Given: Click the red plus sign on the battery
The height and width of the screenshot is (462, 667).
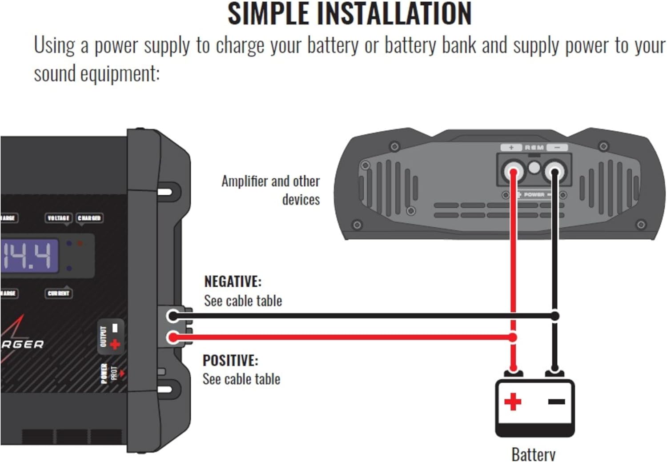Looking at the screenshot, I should (513, 402).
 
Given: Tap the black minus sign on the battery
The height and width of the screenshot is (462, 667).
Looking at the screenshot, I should (556, 401).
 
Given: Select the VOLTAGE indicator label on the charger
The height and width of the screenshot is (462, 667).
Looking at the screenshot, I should (58, 218).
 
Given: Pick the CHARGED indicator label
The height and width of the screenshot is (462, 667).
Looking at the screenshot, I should (89, 218).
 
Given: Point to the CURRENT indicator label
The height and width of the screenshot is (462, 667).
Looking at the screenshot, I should (59, 293).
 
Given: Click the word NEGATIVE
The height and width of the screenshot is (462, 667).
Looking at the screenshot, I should (233, 281).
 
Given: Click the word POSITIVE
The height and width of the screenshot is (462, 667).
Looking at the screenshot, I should (230, 360).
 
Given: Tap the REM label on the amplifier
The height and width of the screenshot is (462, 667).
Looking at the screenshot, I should (534, 148).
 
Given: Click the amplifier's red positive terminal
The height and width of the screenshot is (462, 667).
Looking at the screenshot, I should (513, 171).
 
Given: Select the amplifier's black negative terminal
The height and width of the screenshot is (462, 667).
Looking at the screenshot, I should (554, 171).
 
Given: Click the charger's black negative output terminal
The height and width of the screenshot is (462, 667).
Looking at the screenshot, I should (173, 316).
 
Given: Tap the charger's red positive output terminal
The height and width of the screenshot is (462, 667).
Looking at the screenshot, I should (173, 338).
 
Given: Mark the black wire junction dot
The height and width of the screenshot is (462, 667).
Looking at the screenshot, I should (554, 316).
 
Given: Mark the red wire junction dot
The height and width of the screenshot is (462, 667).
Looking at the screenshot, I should (513, 338).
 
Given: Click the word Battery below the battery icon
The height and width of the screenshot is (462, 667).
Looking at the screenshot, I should (533, 454).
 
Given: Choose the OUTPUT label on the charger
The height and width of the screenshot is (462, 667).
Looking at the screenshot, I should (104, 337).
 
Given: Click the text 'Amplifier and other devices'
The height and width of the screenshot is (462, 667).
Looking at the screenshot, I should (271, 190).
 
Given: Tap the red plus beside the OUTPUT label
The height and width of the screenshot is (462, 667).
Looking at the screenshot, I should (115, 344).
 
